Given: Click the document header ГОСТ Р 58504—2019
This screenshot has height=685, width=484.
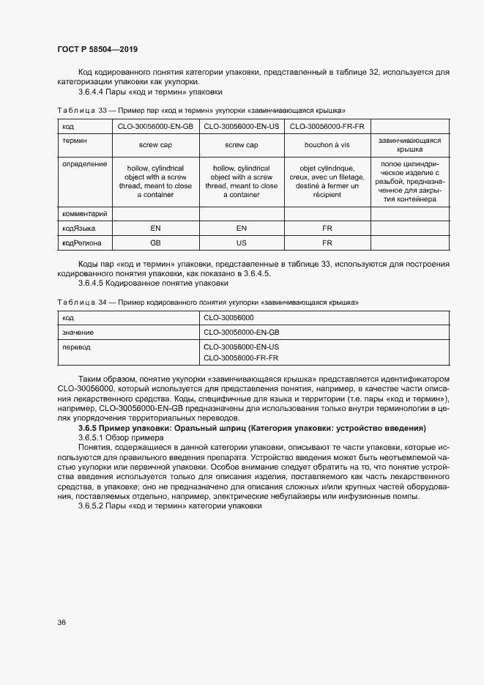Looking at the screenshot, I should pos(97,49).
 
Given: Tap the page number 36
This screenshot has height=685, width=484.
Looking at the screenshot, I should pos(62,623).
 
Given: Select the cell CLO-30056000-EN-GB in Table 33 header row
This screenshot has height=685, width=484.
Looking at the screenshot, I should pos(155,127).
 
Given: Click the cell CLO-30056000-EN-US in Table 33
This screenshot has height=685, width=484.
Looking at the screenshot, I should pos(241,127).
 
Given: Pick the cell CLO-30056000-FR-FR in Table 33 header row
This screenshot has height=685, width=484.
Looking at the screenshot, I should pos(327,127).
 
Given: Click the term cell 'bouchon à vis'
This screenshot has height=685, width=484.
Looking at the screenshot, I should pos(327,145).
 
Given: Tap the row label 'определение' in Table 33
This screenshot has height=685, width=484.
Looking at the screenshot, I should pos(84,165).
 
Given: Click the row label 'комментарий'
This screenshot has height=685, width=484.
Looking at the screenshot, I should pos(85,213).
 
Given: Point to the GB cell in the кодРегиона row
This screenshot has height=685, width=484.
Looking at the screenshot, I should pos(155,242).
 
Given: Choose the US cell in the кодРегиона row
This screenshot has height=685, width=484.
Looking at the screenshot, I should pos(241,242).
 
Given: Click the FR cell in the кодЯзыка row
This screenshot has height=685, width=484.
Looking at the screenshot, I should pos(327,228).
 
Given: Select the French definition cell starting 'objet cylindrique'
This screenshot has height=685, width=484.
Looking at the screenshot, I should pos(327,182).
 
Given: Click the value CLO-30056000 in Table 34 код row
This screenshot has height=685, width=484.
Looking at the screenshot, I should pos(228,318).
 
